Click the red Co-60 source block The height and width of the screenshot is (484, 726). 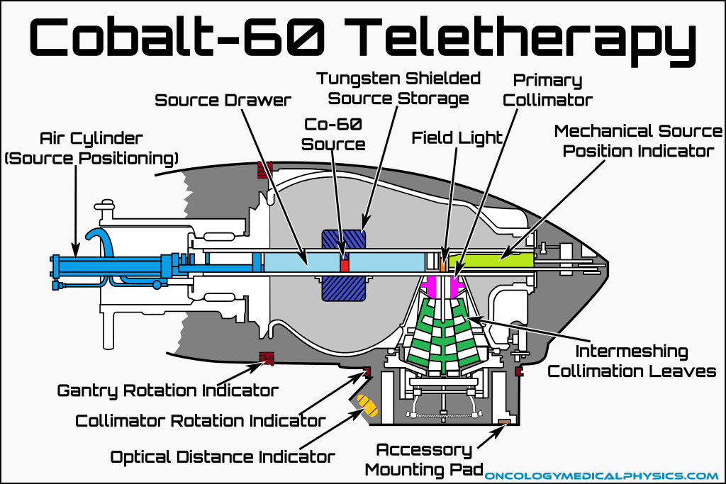(x=345, y=264)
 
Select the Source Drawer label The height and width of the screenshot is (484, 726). (x=223, y=100)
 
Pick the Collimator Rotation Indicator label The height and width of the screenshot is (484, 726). (x=201, y=420)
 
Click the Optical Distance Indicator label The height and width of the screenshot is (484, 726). (x=223, y=457)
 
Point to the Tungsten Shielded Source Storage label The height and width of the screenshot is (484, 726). (x=398, y=88)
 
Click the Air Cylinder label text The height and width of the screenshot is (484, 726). (x=91, y=147)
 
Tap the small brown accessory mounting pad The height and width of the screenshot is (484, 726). (x=504, y=423)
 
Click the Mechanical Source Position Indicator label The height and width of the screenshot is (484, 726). (x=638, y=141)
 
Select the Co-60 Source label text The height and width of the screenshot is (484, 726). (x=334, y=134)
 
